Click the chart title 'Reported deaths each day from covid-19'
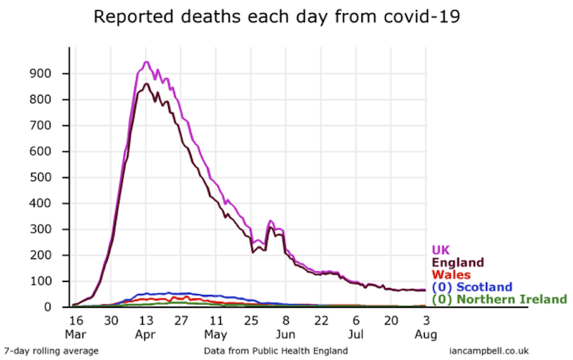pos(277,17)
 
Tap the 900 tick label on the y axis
pos(52,73)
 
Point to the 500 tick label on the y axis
pos(52,177)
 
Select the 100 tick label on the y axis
pos(52,281)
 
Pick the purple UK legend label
pos(442,249)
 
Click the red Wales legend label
pos(451,274)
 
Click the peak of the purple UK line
pos(146,62)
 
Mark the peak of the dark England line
pos(147,83)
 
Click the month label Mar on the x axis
pos(75,334)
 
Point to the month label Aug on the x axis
pos(426,334)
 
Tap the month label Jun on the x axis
pos(286,334)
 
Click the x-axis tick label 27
pos(180,321)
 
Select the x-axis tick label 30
pos(111,321)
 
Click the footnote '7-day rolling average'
pos(51,350)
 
